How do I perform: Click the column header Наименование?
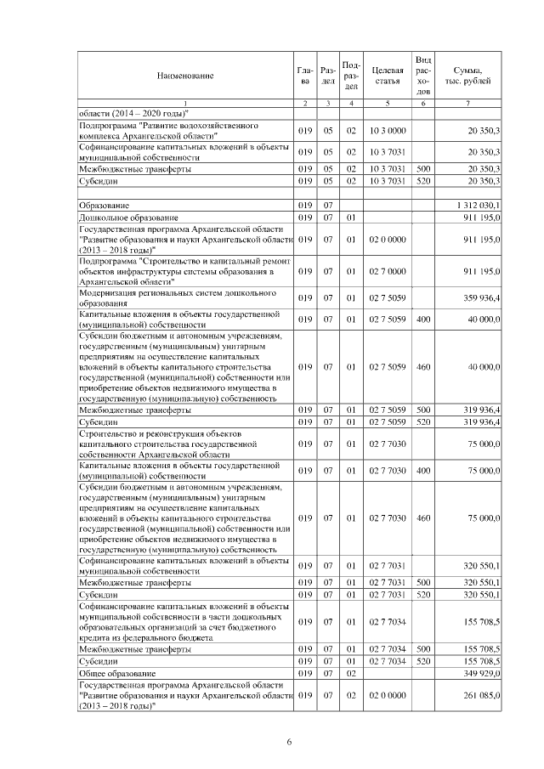pyautogui.click(x=184, y=76)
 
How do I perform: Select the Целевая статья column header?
pyautogui.click(x=387, y=76)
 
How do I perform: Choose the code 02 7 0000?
pyautogui.click(x=387, y=270)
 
